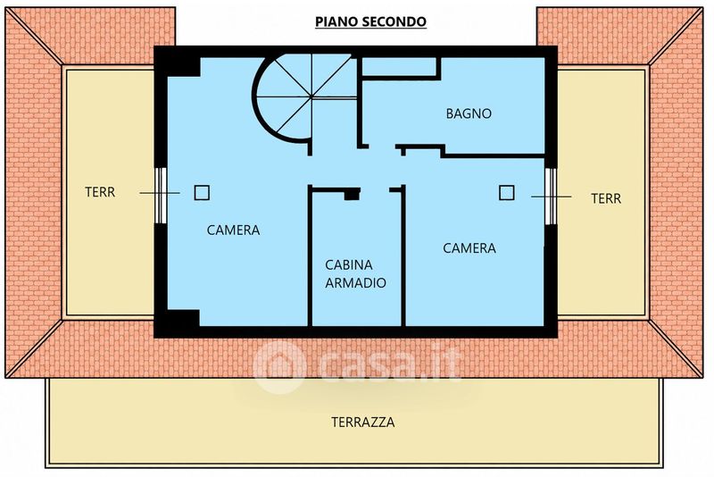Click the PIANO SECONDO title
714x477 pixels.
(370, 21)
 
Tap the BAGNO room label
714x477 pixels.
(469, 113)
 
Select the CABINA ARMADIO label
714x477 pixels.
(355, 274)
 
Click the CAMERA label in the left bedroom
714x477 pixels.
(233, 230)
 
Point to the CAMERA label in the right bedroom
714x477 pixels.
(469, 248)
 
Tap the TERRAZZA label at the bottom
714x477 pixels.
(363, 423)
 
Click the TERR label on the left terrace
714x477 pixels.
(100, 192)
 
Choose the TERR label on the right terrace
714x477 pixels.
(606, 198)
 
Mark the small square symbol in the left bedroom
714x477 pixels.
(202, 193)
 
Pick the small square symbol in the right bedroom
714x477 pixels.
(506, 193)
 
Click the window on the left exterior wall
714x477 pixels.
(161, 196)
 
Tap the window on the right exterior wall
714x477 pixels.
(551, 197)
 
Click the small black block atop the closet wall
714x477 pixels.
(352, 195)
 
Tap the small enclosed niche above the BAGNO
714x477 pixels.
(400, 66)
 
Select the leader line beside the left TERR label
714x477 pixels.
(160, 193)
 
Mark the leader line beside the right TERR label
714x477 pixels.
(552, 197)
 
